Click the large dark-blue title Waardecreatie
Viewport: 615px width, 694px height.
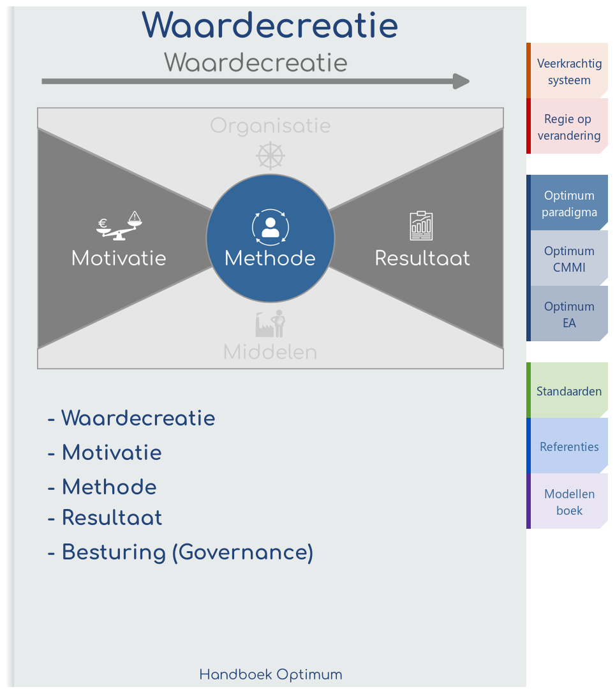[270, 26]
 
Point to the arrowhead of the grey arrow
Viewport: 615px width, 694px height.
[461, 82]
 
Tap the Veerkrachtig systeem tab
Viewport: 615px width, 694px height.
[568, 71]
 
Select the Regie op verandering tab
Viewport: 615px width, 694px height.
[568, 127]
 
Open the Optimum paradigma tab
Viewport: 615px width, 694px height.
[568, 203]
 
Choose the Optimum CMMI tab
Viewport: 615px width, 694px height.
[568, 259]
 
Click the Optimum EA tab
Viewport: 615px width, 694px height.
[568, 314]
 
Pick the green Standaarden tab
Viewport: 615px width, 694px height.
[568, 391]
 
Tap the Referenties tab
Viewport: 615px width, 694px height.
[568, 447]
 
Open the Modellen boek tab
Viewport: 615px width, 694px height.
[568, 502]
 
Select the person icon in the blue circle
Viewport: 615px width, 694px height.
[270, 227]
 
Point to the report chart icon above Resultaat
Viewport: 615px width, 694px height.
[421, 226]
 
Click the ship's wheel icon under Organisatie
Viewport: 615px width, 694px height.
[270, 156]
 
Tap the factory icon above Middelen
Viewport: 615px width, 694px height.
[270, 325]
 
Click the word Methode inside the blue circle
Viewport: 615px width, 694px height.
[270, 258]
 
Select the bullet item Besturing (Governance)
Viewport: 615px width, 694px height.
[181, 552]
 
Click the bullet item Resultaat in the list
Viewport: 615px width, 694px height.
[105, 518]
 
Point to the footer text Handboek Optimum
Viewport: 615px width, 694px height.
[270, 675]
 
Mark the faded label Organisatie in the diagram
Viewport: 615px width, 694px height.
[270, 126]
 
